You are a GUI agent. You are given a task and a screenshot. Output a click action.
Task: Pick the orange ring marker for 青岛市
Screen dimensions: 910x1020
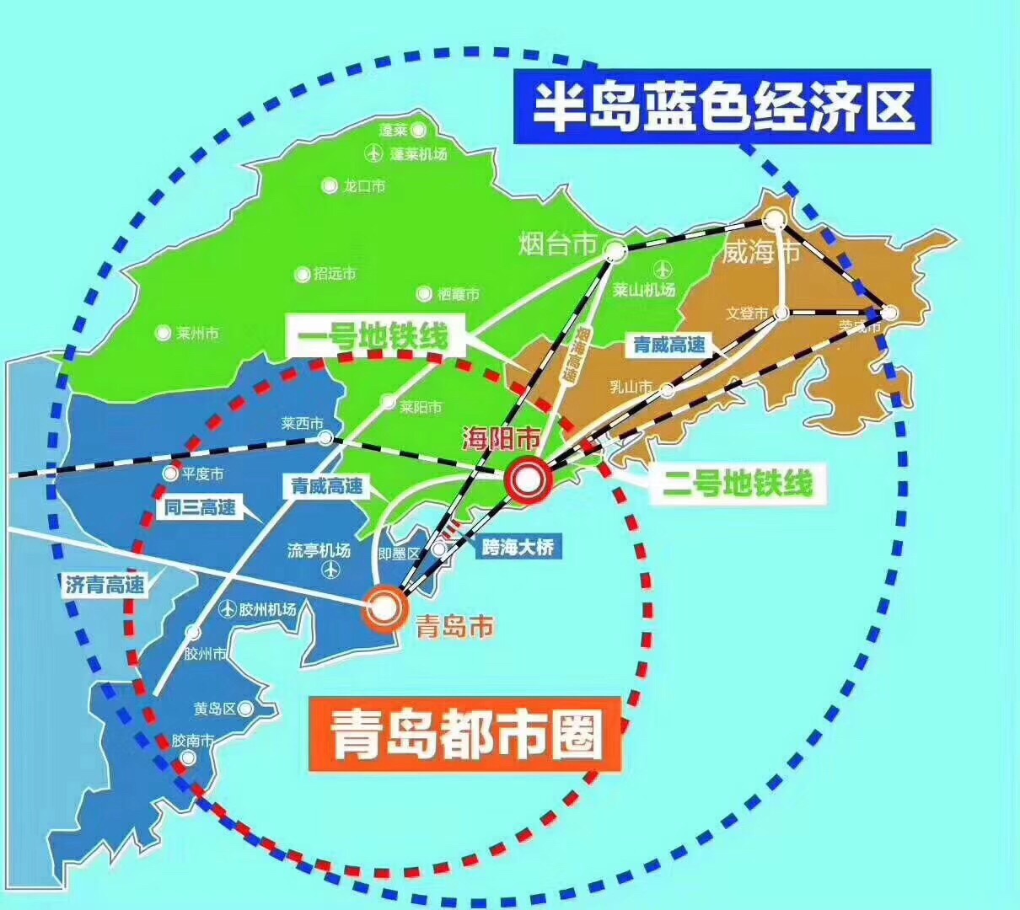coord(383,607)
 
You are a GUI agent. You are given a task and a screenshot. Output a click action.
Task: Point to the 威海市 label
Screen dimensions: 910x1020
coord(760,252)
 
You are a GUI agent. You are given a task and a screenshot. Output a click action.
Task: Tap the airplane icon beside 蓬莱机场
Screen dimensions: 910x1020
coord(373,153)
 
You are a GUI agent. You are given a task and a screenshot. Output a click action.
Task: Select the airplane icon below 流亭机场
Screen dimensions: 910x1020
coord(330,570)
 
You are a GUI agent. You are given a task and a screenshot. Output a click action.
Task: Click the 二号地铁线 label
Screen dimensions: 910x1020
coord(737,484)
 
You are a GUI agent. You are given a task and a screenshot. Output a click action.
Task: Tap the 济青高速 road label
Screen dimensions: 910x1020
coord(105,584)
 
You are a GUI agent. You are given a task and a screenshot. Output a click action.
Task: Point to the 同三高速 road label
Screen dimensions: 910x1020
coord(200,507)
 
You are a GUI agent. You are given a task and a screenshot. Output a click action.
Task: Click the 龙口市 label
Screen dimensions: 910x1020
coord(364,186)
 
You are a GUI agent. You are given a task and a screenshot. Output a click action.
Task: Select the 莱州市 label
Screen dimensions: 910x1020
coord(198,334)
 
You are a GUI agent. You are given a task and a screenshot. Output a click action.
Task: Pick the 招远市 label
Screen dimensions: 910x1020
coord(335,274)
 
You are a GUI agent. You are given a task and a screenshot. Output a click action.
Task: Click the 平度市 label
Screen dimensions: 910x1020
coord(202,474)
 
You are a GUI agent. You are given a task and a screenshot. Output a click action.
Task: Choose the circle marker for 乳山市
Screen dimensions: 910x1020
coord(667,390)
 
